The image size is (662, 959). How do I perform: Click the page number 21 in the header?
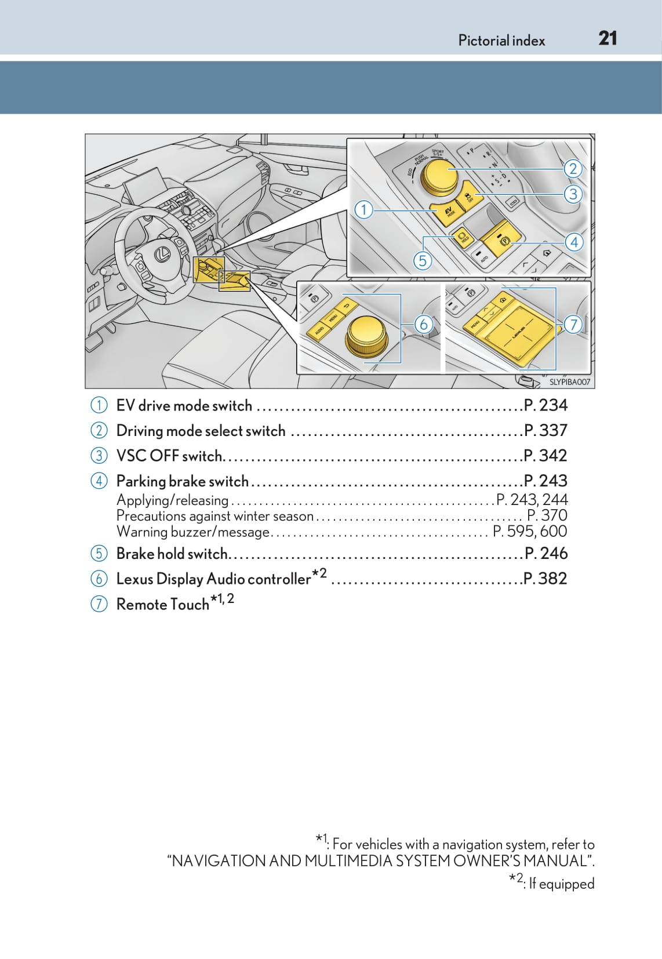coord(608,39)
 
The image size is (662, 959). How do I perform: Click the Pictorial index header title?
coord(501,41)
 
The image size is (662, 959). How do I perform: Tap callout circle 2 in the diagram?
coord(573,168)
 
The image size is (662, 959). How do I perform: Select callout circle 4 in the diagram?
coord(574,242)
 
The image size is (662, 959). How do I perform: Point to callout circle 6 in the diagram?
coord(423,324)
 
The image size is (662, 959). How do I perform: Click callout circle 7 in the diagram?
coord(573,324)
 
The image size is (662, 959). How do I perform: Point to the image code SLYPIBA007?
coord(569,382)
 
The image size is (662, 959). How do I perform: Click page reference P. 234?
coord(545,405)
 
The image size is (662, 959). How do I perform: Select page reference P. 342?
coord(545,456)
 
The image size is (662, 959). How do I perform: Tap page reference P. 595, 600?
coord(530,532)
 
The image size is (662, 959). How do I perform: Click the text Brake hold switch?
coord(172,554)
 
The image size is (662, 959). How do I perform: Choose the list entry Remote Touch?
coord(162,604)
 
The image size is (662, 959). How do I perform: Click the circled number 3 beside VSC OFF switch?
coord(99,456)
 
